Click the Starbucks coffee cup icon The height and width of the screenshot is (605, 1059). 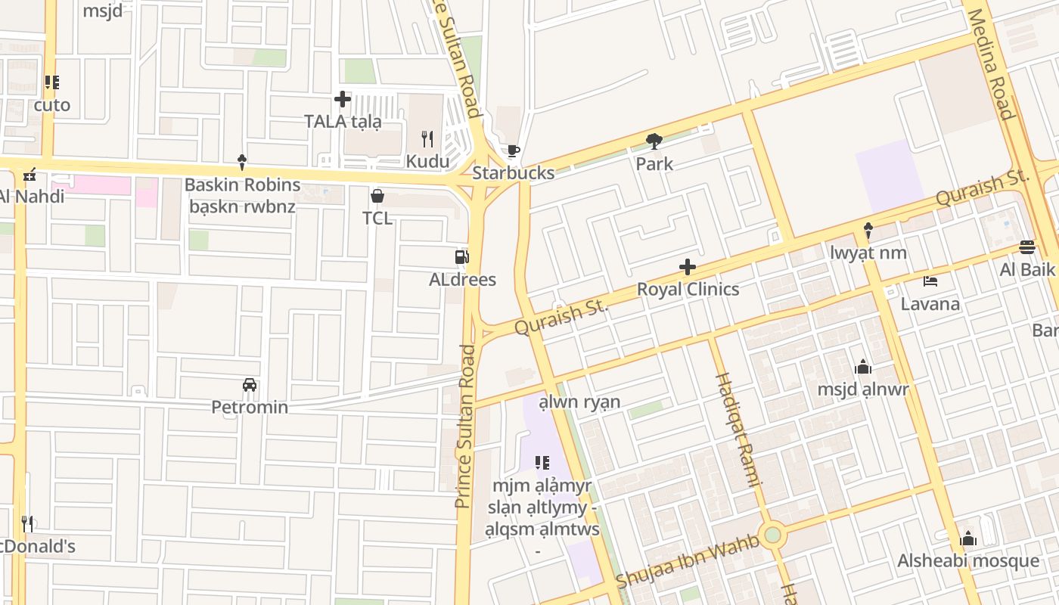click(x=513, y=150)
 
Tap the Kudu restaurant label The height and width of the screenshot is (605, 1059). click(x=427, y=161)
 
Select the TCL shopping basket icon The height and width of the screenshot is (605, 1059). click(x=377, y=197)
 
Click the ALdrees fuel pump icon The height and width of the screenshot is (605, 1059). click(x=461, y=257)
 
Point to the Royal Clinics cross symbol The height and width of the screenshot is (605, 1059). click(x=688, y=266)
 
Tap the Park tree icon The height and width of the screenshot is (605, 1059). click(x=654, y=141)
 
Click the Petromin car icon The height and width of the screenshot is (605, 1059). click(x=250, y=385)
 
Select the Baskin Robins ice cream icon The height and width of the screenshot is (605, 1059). click(x=242, y=161)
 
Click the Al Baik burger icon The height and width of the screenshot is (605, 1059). click(x=1026, y=247)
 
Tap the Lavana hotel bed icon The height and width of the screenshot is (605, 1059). click(x=930, y=282)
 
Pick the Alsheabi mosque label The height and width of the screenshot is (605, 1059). click(x=968, y=560)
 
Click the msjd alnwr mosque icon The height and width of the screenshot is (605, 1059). click(x=863, y=368)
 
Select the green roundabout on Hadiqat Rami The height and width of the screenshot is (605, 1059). click(x=772, y=535)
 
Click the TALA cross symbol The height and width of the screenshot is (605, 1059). click(x=343, y=99)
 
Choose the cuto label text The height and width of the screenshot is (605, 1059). click(x=52, y=105)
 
